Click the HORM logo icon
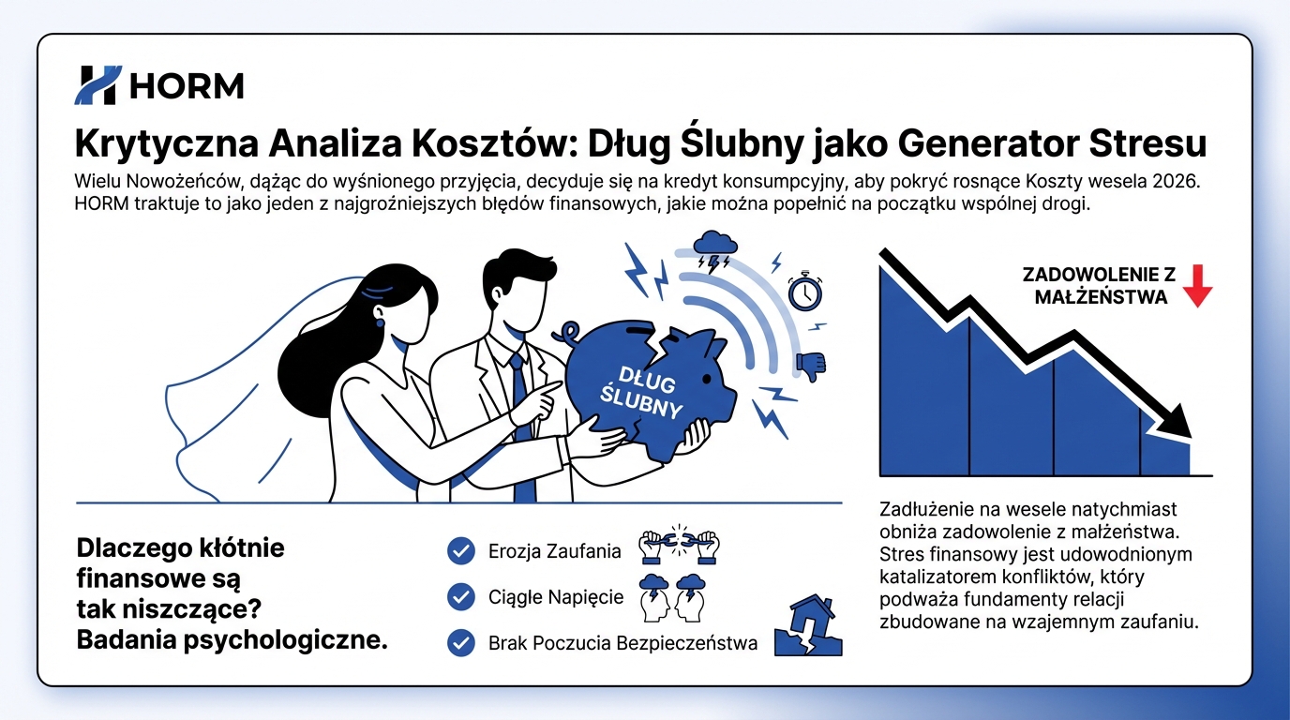97,85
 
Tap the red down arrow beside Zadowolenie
1197,285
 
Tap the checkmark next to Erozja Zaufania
460,551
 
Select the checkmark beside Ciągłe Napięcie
460,596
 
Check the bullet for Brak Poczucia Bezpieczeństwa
460,643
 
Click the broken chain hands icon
678,545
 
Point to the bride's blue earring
380,322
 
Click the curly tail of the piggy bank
569,333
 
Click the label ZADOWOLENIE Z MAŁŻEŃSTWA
1100,285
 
